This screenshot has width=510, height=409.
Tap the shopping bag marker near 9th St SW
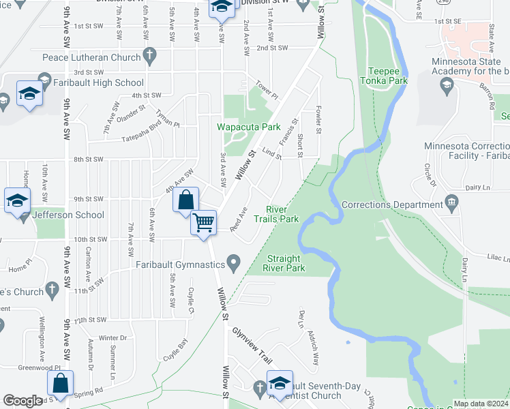click(185, 200)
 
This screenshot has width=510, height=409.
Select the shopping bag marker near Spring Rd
click(61, 384)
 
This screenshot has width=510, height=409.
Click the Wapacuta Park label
click(249, 127)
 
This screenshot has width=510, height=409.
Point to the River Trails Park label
click(276, 214)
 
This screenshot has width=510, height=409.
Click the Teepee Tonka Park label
click(387, 76)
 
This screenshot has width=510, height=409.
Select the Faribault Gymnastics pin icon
click(234, 262)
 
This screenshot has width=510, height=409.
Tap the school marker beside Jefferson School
click(16, 200)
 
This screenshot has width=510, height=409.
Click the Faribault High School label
click(102, 83)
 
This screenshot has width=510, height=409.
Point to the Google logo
click(23, 401)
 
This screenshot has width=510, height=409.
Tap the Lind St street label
click(271, 154)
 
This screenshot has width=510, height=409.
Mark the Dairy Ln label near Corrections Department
click(477, 187)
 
